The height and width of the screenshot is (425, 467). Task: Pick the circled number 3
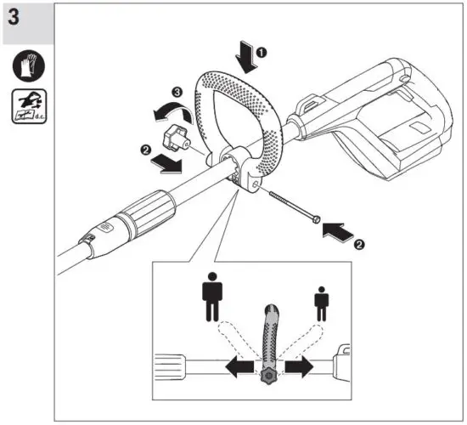click(177, 90)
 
